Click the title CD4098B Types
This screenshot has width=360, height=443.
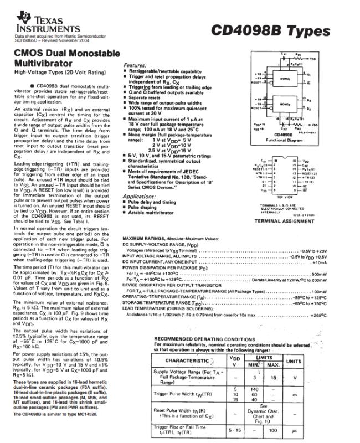[270, 30]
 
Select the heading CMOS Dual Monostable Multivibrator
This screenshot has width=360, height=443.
[66, 59]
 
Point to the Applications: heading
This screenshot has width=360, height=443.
[139, 197]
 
